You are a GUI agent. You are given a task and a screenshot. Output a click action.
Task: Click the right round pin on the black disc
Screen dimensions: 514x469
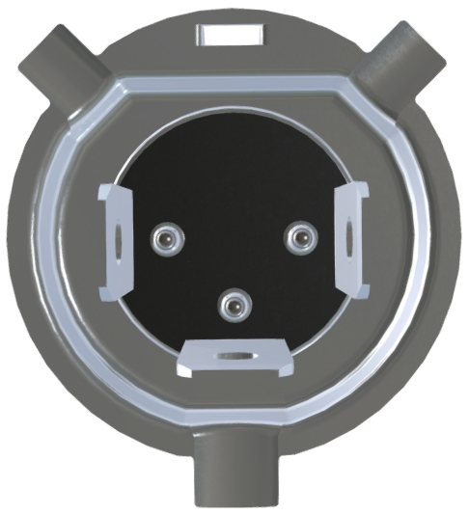(x=300, y=233)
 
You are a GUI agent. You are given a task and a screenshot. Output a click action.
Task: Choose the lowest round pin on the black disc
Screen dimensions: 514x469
(x=232, y=306)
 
